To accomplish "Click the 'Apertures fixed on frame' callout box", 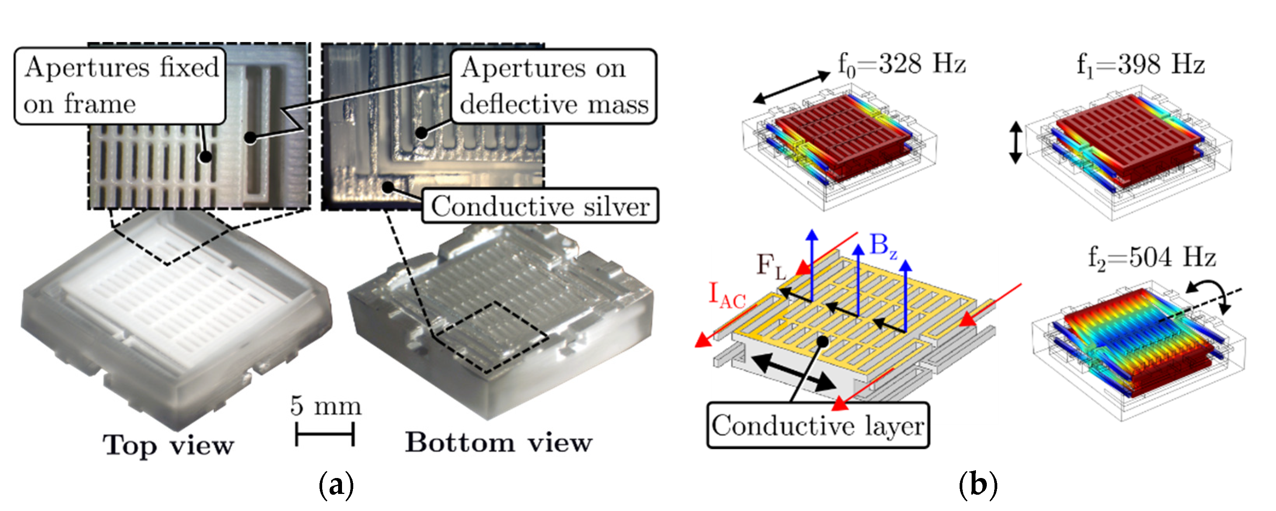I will click(x=120, y=86).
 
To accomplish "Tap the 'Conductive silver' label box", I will click(x=540, y=206).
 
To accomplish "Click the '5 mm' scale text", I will click(x=325, y=405).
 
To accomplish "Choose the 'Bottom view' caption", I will click(x=498, y=442).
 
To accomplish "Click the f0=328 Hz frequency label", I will click(x=901, y=64).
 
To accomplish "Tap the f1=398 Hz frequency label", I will click(x=1140, y=64).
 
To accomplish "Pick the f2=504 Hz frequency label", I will click(x=1152, y=258).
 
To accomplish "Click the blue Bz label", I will click(x=883, y=246).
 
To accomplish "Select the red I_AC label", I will click(x=727, y=295).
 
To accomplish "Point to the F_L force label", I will click(x=771, y=267).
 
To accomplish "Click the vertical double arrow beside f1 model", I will click(x=1016, y=143).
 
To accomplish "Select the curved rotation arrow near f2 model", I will click(x=1210, y=295).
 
